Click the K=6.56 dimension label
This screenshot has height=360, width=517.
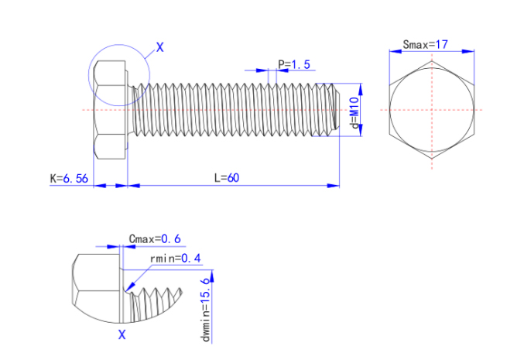click(x=68, y=178)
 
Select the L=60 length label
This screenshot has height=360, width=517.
click(x=227, y=177)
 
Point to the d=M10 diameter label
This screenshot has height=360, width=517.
click(x=353, y=112)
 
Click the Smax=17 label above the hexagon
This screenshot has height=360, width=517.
click(x=426, y=45)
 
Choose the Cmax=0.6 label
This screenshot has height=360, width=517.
click(x=155, y=238)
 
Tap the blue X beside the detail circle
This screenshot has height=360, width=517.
click(x=160, y=47)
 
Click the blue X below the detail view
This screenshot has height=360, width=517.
click(x=122, y=334)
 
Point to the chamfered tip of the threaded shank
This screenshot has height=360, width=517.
click(x=334, y=109)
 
